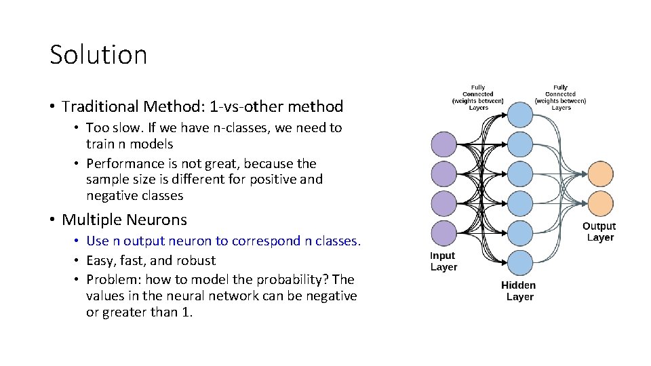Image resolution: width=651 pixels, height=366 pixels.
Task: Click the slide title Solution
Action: tap(98, 55)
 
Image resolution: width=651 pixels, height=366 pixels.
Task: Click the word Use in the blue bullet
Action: tap(98, 241)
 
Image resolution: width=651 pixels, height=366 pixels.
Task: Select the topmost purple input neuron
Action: tap(444, 144)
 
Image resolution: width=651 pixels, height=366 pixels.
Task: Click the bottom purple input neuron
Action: tap(444, 232)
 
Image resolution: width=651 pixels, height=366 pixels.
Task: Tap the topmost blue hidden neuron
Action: tap(520, 114)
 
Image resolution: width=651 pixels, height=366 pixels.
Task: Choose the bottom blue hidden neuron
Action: tap(520, 262)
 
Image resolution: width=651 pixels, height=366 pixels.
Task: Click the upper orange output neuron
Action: tap(600, 174)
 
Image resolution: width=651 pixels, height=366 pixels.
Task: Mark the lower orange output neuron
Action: tap(600, 203)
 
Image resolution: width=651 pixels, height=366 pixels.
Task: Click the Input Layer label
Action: tap(443, 261)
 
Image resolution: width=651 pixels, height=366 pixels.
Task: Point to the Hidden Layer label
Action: tap(519, 291)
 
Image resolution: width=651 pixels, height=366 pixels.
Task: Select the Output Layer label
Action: tap(599, 232)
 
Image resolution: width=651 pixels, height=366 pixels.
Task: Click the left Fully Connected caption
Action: tap(478, 98)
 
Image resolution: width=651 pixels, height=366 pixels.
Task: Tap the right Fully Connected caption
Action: tap(561, 98)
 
